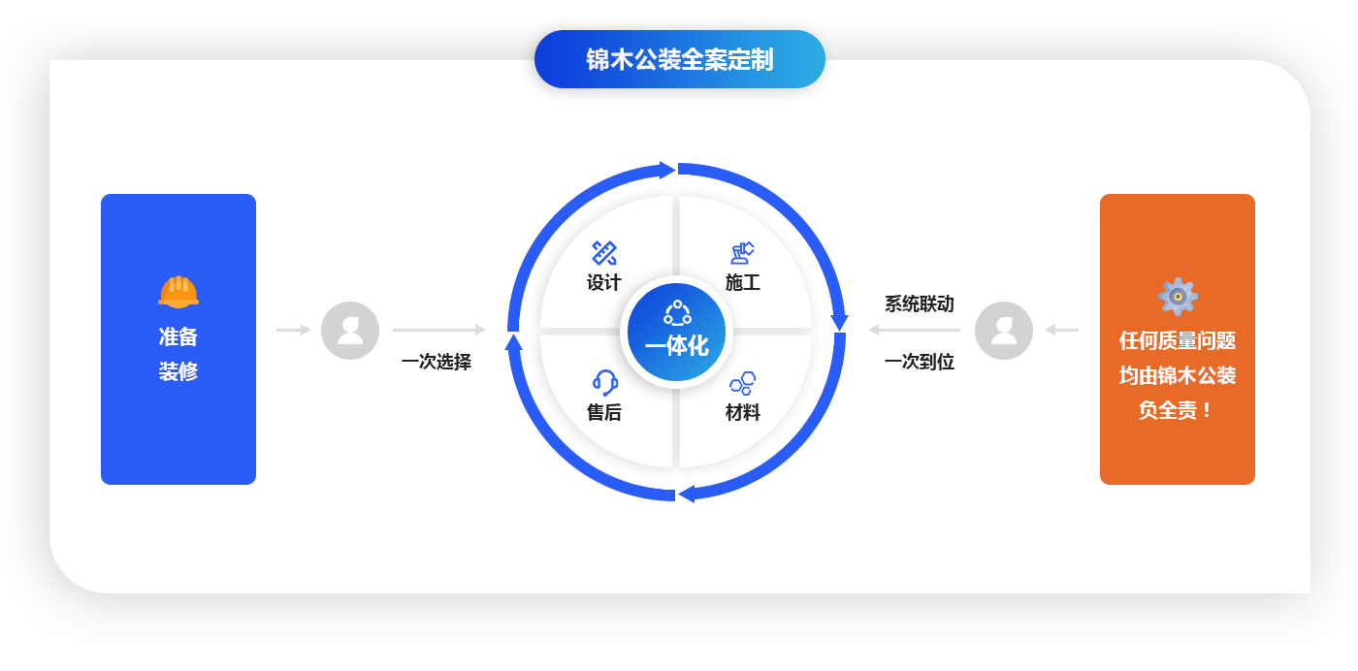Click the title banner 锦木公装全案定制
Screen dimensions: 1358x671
680,59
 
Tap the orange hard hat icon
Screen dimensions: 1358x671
178,292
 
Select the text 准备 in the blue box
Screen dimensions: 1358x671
178,336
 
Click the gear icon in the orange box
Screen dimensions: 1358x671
1178,297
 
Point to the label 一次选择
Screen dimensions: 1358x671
436,362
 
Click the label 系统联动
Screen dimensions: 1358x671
920,304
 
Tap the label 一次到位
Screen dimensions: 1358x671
920,362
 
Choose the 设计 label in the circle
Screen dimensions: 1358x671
603,282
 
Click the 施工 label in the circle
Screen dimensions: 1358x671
743,282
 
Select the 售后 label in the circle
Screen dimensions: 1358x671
603,412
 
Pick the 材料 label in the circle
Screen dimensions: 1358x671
743,412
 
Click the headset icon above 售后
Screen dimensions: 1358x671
604,382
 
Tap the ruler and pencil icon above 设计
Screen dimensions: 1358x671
603,253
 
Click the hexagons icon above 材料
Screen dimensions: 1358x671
743,383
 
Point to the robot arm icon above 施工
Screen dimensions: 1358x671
742,253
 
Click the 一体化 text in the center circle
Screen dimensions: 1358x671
677,345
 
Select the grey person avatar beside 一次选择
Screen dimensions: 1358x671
350,331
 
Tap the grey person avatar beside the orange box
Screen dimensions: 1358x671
1003,331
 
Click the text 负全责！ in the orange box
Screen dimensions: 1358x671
1176,410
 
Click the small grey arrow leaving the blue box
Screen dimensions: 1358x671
293,330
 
